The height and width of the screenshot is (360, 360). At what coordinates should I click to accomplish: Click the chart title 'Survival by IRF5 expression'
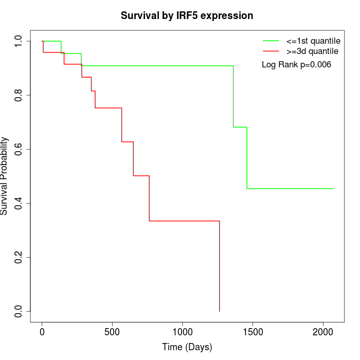(187, 15)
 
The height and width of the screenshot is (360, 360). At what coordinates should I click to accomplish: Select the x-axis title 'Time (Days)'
(187, 347)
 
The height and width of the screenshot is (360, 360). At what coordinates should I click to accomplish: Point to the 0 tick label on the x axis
(42, 332)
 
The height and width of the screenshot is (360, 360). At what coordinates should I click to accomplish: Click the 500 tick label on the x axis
(112, 332)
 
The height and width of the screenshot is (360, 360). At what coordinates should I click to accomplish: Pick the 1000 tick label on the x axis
(183, 332)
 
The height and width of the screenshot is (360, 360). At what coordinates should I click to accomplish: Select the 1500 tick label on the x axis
(253, 332)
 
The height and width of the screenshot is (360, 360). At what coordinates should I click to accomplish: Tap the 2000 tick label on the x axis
(323, 332)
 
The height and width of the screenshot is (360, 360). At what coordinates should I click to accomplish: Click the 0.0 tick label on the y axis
(19, 311)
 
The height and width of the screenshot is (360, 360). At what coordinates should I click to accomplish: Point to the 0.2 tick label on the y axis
(19, 257)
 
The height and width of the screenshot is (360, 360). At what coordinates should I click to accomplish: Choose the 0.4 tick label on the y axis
(19, 203)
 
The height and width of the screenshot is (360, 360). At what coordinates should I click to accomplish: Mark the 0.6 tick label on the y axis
(19, 149)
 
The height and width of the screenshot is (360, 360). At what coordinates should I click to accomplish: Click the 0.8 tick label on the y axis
(19, 95)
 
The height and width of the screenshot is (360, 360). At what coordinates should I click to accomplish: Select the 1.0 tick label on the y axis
(19, 41)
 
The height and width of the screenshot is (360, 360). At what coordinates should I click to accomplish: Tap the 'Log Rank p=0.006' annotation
(296, 65)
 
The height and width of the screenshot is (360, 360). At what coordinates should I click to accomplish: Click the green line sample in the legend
(271, 40)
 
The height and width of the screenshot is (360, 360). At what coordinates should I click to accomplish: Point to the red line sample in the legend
(271, 51)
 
